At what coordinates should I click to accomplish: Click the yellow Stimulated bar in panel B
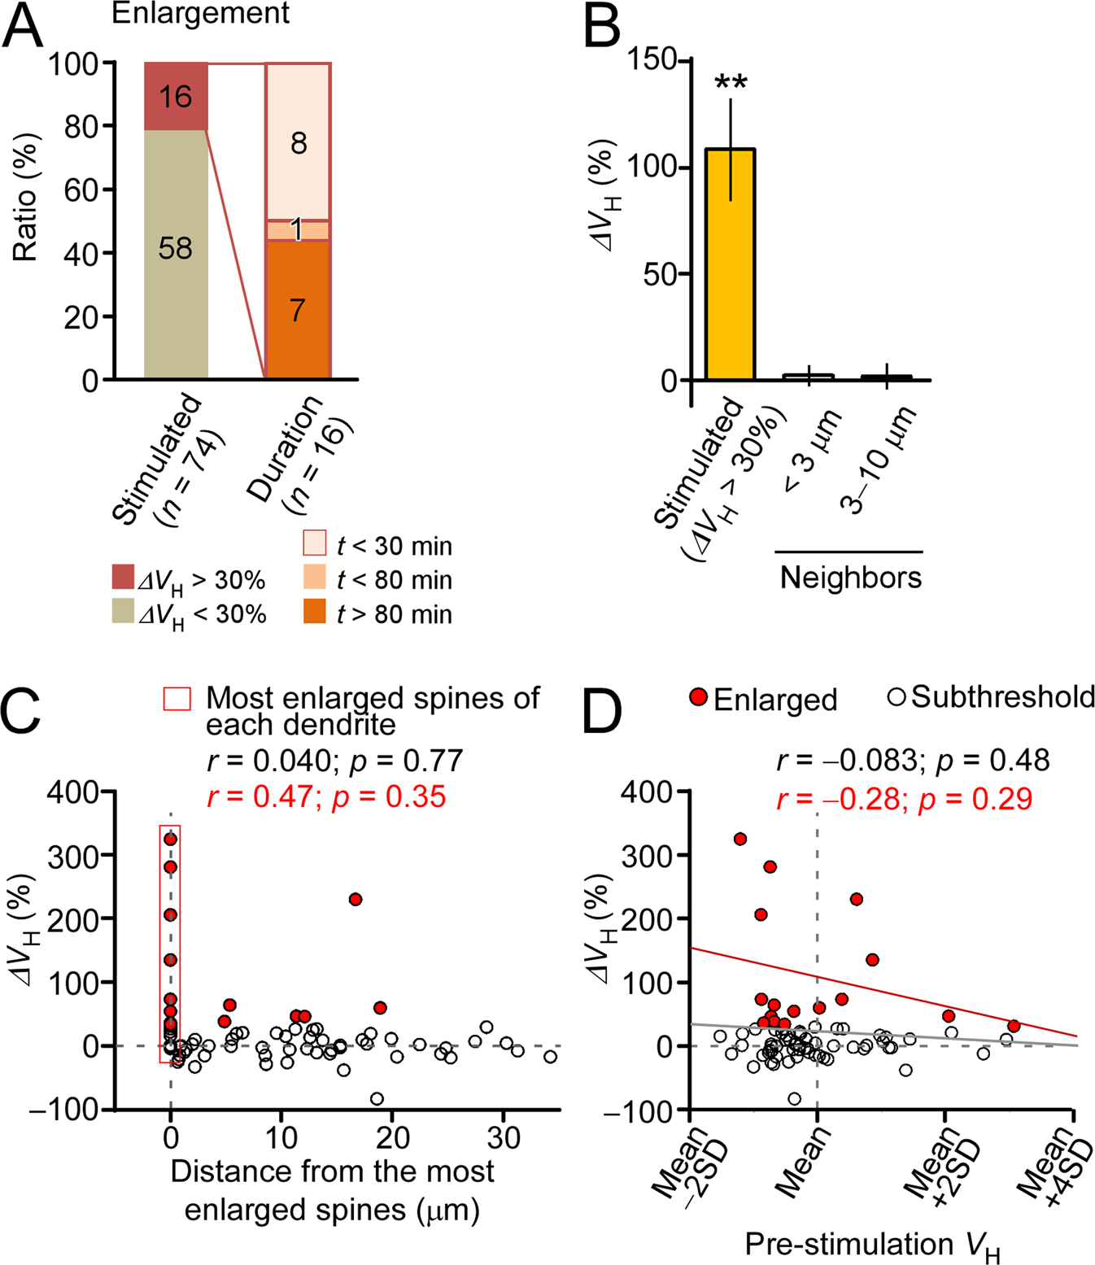[x=730, y=264]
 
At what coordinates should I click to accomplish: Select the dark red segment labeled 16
[x=176, y=96]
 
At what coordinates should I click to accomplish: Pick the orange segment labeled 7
[x=298, y=309]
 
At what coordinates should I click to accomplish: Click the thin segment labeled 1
[x=298, y=230]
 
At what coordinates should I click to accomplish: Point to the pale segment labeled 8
[x=298, y=142]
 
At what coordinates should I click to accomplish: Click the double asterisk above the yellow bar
[x=731, y=84]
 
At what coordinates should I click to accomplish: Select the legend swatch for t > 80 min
[x=315, y=611]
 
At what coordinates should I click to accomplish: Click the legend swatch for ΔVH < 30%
[x=123, y=611]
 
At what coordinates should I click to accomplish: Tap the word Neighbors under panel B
[x=850, y=578]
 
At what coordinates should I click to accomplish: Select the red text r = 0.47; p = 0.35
[x=326, y=796]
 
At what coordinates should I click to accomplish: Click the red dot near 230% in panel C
[x=355, y=899]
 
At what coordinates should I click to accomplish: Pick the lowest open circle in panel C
[x=377, y=1098]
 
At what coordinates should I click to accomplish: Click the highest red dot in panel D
[x=740, y=839]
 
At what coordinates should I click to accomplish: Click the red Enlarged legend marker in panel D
[x=698, y=697]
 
